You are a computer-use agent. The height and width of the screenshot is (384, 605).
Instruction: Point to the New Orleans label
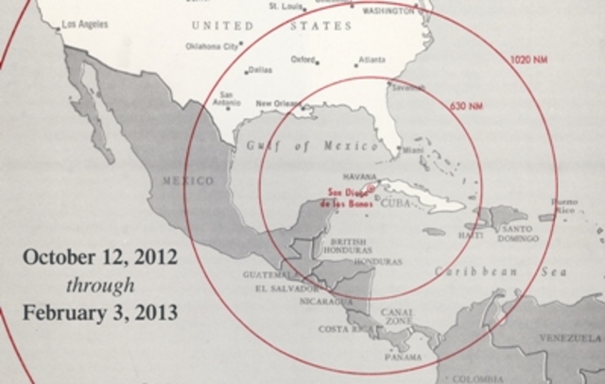pyautogui.click(x=278, y=104)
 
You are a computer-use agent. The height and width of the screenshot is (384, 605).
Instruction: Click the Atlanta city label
pyautogui.click(x=372, y=60)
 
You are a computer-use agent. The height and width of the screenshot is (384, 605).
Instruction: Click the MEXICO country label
pyautogui.click(x=188, y=180)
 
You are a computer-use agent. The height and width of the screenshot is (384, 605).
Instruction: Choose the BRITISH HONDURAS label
pyautogui.click(x=350, y=246)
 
